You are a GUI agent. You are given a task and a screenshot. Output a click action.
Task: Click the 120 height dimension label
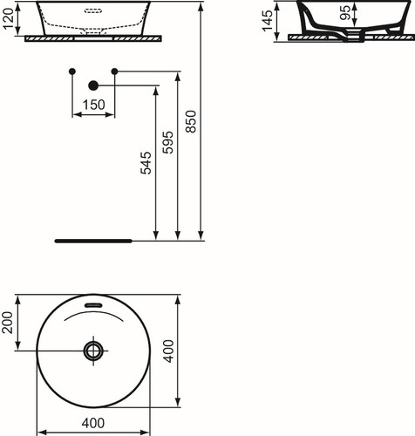9,18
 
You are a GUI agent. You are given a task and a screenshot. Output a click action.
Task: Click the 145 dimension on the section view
268,20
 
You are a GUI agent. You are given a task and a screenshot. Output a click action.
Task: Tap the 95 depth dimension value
345,13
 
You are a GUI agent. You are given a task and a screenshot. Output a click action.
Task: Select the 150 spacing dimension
93,105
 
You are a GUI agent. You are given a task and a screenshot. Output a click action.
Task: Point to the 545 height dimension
146,163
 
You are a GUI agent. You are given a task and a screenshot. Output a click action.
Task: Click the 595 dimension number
167,142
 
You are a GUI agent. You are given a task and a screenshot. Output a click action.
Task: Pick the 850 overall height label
191,121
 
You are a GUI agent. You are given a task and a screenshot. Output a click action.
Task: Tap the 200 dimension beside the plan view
8,323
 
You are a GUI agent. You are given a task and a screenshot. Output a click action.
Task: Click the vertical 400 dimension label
168,351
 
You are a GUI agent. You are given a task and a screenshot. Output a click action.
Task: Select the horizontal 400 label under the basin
93,423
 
